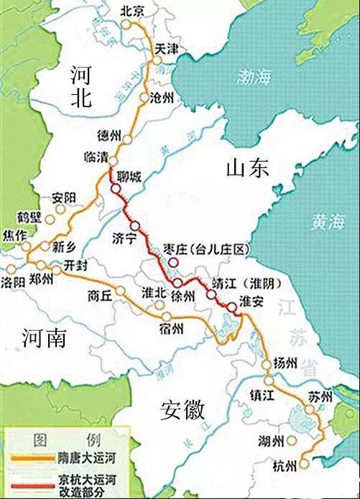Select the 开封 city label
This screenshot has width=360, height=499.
pyautogui.click(x=75, y=264)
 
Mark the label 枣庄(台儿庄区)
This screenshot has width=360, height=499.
pyautogui.click(x=206, y=249)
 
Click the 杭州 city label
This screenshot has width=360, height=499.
pyautogui.click(x=285, y=466)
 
